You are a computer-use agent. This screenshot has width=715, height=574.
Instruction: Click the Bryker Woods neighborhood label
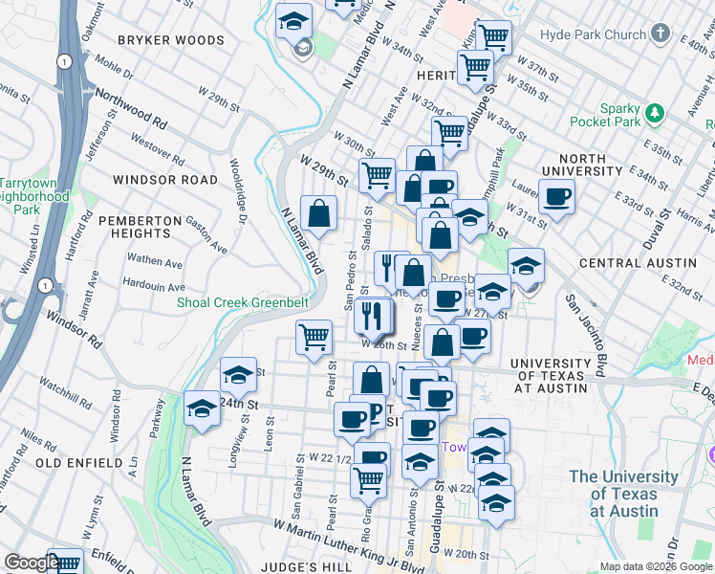(x=171, y=40)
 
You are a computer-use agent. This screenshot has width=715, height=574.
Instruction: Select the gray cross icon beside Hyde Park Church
(x=661, y=34)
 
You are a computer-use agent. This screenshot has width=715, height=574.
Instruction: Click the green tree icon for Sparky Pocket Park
(x=655, y=112)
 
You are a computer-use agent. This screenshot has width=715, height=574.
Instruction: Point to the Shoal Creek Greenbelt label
(x=243, y=302)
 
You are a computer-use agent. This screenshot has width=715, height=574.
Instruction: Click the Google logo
(x=32, y=563)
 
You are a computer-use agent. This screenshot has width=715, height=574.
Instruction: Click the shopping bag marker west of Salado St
(x=319, y=214)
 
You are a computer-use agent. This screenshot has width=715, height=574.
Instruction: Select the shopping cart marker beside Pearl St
(x=314, y=338)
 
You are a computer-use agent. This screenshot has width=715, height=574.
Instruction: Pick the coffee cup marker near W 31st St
(x=557, y=198)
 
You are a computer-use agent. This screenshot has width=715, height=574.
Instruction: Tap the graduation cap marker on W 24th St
(x=202, y=409)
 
